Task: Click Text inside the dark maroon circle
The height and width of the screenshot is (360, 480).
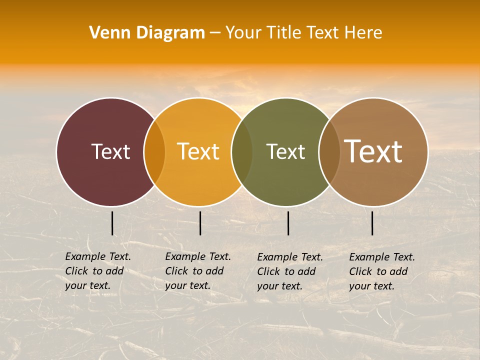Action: coord(110,151)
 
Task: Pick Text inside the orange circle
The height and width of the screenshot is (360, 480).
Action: coord(198,151)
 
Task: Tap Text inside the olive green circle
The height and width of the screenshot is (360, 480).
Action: coord(285,151)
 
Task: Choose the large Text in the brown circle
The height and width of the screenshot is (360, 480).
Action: coord(373,151)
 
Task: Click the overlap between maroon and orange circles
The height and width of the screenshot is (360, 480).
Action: coord(154,151)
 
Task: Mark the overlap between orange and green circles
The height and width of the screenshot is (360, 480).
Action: coord(242,151)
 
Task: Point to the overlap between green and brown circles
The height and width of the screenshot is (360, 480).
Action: coord(329,151)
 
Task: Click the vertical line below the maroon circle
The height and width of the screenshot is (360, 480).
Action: coord(112,223)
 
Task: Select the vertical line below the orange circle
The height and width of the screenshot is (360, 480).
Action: coord(200,223)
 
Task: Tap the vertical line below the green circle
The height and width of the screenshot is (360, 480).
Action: coord(288,223)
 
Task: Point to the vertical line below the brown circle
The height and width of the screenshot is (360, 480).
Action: coord(372,223)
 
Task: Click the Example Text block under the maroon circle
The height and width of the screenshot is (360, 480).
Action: coord(98,271)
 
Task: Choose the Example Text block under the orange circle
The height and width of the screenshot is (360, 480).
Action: coord(198,271)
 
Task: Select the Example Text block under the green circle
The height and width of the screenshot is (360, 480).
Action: coord(290,271)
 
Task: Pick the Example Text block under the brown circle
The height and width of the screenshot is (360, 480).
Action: coord(382,271)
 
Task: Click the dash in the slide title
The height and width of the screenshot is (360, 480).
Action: coord(215,33)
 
